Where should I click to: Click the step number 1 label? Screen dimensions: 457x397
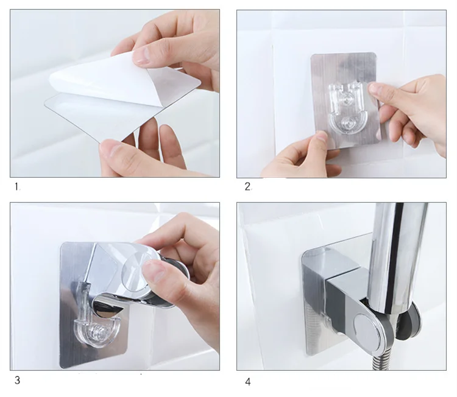(x=17, y=187)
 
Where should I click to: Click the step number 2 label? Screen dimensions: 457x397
(x=247, y=187)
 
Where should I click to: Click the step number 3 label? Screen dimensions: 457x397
(x=18, y=380)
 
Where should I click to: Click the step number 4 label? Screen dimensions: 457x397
(x=248, y=382)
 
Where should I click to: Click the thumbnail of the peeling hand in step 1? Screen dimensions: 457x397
(x=141, y=55)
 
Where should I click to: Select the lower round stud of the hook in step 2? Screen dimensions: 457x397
(x=347, y=123)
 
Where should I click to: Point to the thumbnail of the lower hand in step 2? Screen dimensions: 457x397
(x=321, y=137)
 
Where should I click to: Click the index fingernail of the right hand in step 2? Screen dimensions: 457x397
(x=376, y=88)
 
